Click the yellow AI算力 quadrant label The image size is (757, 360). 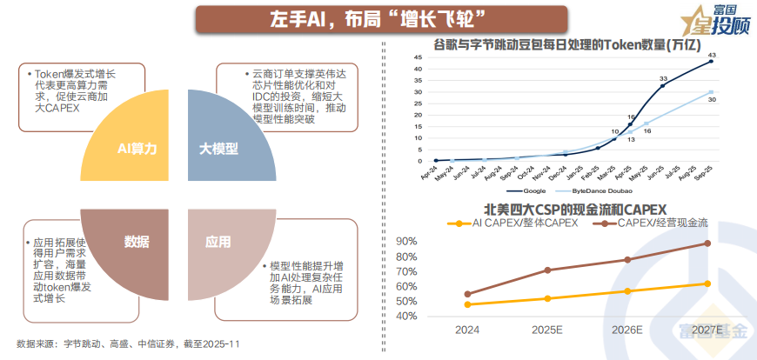(137, 149)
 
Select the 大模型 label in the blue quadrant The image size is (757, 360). (218, 149)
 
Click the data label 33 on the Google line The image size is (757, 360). (663, 77)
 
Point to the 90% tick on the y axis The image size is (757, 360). (405, 240)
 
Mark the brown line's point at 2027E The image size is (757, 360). (707, 243)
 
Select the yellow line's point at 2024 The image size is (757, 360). (468, 304)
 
